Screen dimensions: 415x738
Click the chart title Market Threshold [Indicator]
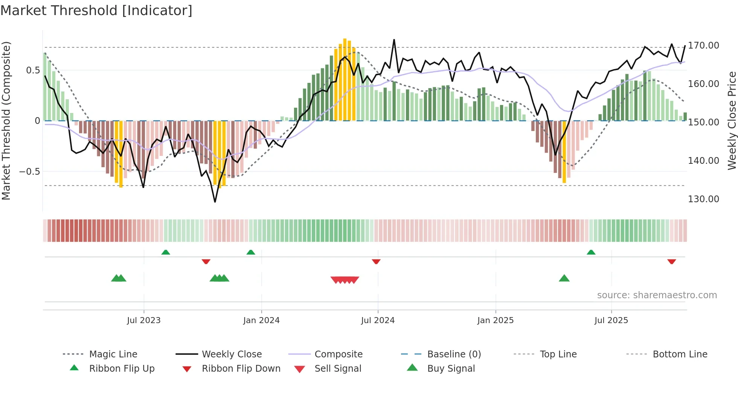point(96,11)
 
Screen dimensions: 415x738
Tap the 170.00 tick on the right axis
point(703,46)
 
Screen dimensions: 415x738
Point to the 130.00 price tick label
point(703,199)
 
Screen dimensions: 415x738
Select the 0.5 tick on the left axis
point(33,70)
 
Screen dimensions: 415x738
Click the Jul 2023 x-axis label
point(143,320)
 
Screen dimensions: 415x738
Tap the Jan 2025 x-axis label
point(495,320)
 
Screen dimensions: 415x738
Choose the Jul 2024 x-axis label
point(378,320)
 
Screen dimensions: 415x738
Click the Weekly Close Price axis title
point(732,121)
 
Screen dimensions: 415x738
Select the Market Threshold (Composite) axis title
point(6,121)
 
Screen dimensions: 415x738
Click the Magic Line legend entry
point(113,354)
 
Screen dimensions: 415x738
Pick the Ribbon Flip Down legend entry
point(241,369)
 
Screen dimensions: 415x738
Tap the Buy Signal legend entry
point(451,369)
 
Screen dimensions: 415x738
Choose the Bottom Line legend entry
point(680,354)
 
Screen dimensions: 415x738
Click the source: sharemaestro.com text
point(657,295)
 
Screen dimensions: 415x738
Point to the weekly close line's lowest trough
point(215,202)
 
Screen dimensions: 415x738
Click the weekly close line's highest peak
point(394,40)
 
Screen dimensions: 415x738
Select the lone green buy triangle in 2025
point(564,278)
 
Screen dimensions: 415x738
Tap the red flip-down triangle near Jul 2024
point(376,261)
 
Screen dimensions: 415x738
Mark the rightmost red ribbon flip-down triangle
point(672,261)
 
